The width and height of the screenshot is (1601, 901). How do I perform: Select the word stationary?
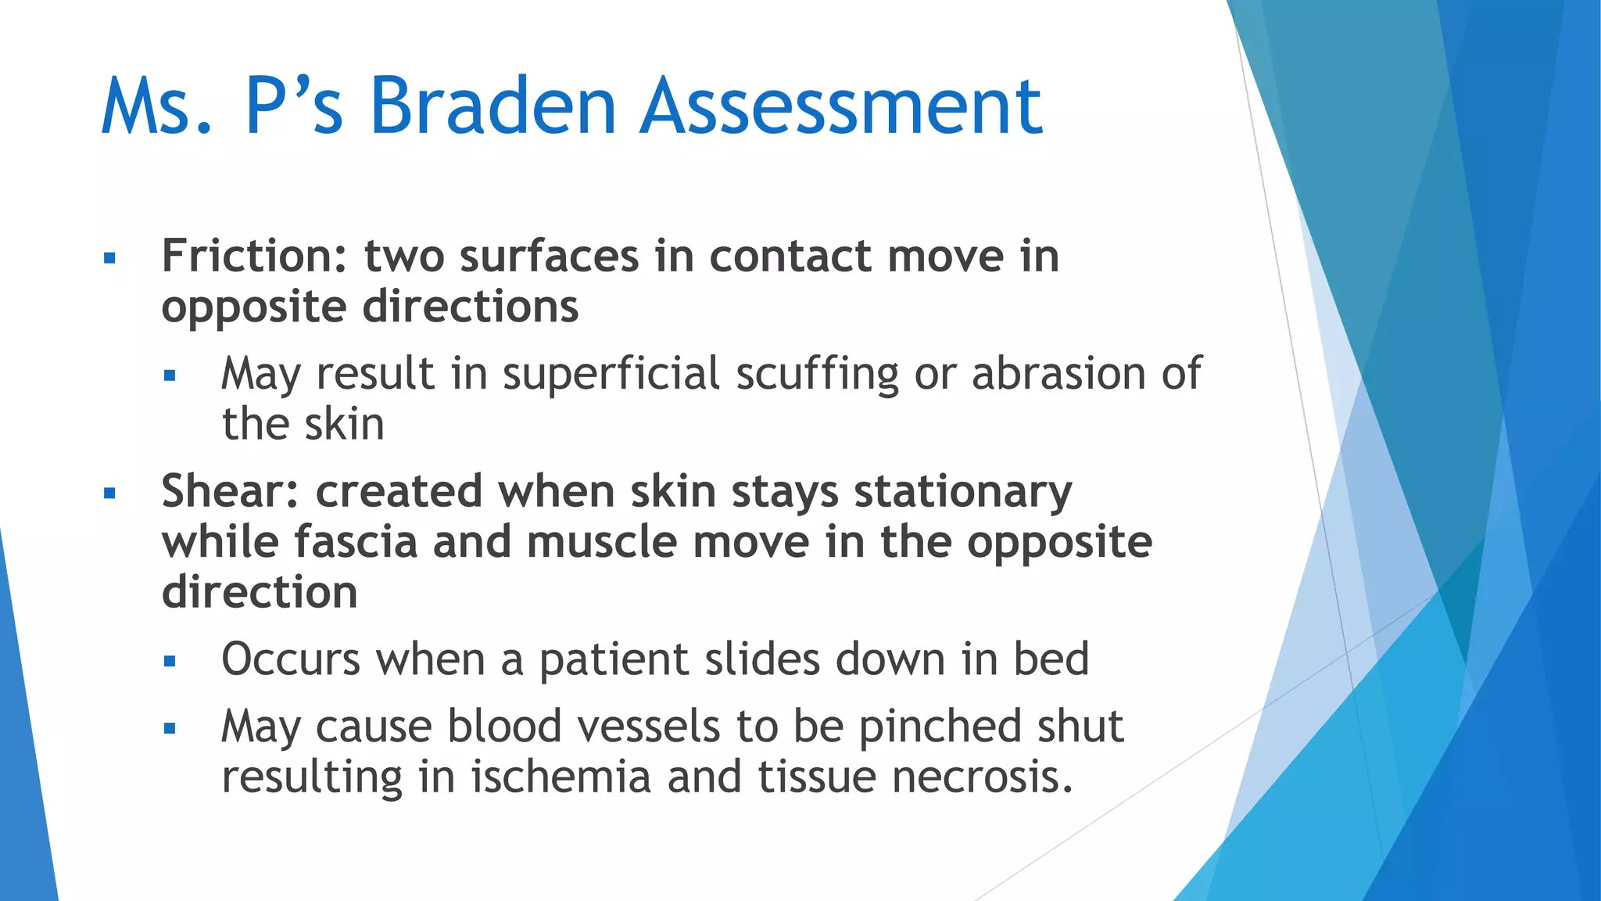click(962, 494)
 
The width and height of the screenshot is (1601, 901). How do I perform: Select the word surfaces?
click(550, 257)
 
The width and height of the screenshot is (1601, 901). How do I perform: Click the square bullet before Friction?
click(109, 258)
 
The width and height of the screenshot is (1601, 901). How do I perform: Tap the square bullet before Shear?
click(109, 494)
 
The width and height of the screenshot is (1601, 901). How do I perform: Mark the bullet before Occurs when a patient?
click(170, 662)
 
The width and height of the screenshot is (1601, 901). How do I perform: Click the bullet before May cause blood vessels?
click(170, 728)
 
